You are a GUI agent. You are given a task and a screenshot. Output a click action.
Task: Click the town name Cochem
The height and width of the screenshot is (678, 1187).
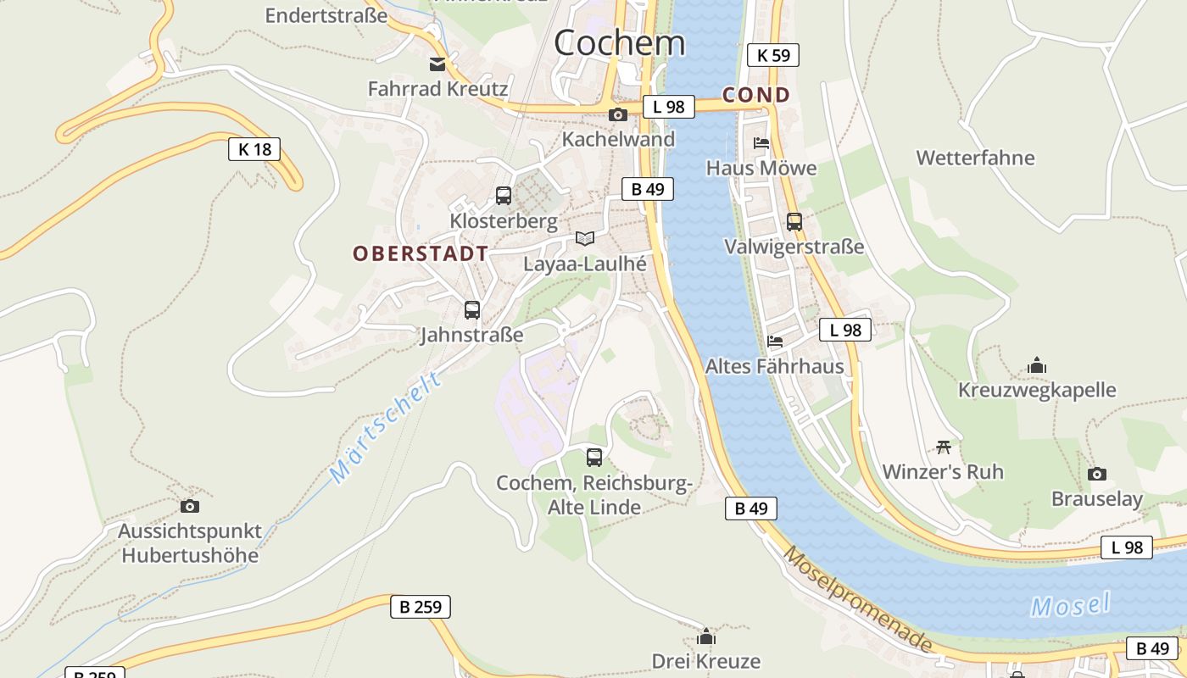point(619,42)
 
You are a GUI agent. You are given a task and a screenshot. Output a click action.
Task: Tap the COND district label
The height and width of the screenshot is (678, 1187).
point(755,95)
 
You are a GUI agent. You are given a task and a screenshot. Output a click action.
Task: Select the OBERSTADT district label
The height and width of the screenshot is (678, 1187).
point(421,253)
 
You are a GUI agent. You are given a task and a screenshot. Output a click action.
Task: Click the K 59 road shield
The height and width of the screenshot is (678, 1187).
point(772,56)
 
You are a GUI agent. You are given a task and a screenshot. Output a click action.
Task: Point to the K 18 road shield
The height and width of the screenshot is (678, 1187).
point(254,150)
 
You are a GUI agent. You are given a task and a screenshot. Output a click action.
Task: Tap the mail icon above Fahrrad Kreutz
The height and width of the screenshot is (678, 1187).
point(437,64)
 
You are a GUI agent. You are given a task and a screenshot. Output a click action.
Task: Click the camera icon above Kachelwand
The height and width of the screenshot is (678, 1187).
point(618,115)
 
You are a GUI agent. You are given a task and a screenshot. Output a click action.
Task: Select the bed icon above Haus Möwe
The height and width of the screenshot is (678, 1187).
point(761,143)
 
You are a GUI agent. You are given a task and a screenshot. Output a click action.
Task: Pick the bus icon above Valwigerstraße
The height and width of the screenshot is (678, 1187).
point(794,222)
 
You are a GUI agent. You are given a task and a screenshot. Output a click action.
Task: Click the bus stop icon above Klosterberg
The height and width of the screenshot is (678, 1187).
point(504,196)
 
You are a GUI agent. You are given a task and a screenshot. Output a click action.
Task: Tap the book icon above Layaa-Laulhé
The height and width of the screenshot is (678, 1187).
point(584,238)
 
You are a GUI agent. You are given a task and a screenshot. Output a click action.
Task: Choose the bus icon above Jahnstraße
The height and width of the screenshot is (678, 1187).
point(472,310)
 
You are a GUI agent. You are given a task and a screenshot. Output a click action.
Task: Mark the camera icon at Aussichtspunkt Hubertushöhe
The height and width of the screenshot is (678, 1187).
point(190,507)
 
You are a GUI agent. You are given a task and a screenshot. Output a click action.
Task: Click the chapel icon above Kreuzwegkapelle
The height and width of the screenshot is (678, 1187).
point(1036,365)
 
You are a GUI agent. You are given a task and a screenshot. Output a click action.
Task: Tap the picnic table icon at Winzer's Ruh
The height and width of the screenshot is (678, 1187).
point(944,447)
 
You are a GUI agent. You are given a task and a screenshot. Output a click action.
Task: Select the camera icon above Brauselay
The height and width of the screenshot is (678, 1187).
point(1097,474)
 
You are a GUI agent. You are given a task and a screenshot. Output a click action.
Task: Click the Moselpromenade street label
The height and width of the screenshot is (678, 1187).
point(857,600)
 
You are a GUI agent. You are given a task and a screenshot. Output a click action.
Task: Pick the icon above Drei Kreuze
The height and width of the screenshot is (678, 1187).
point(705,636)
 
